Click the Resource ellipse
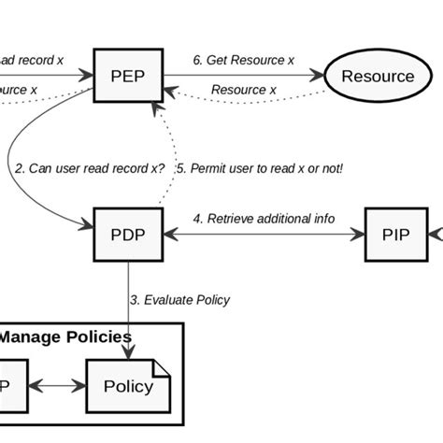tap(376, 76)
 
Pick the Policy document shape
tap(127, 386)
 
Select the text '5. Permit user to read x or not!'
tap(260, 169)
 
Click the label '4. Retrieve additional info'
tap(263, 220)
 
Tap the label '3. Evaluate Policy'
tap(179, 300)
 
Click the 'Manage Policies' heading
tap(65, 336)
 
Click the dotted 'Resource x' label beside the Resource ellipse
tap(244, 90)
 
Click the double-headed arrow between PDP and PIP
tap(263, 236)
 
